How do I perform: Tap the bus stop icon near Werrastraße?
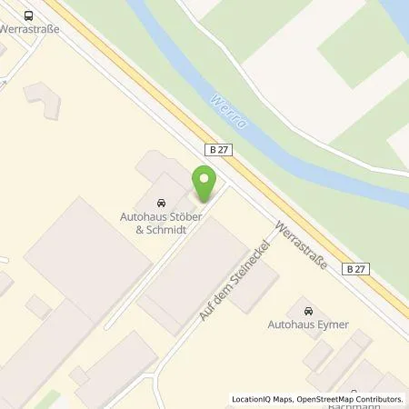coord(30,15)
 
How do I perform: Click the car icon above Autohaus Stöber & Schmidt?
coord(161,202)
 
